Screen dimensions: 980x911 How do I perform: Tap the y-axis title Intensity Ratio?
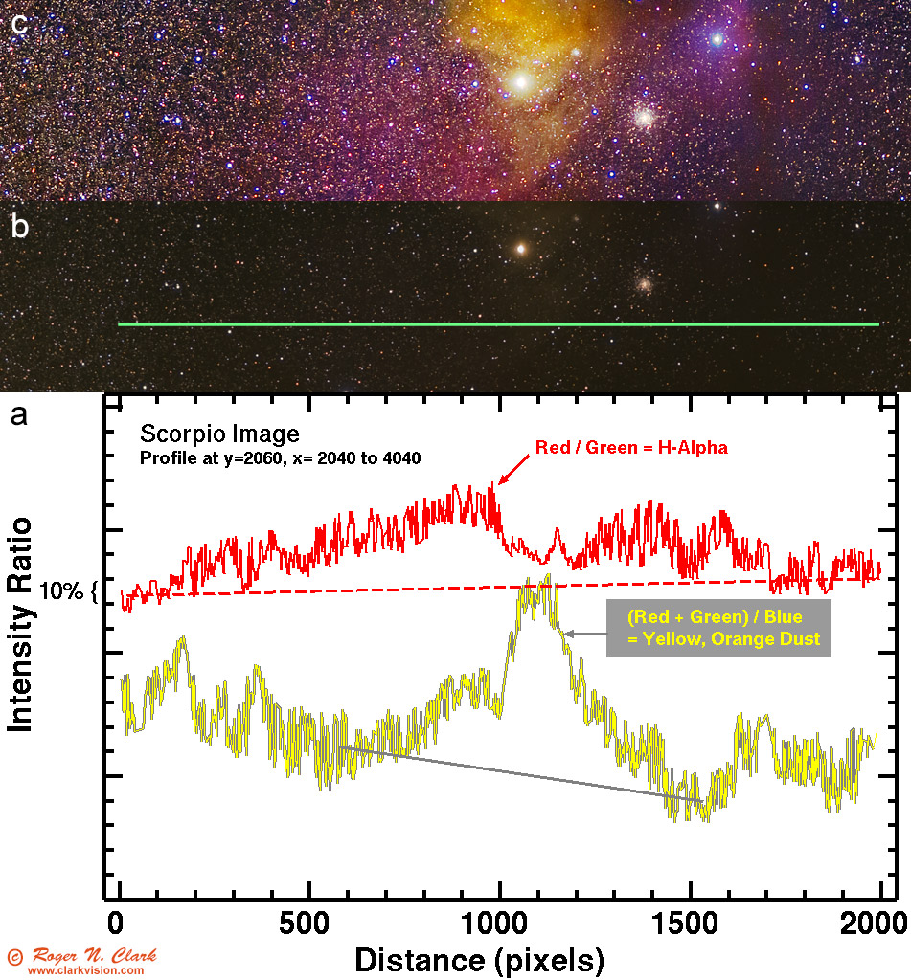(x=21, y=624)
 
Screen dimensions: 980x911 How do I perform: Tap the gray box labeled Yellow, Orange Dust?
(x=718, y=629)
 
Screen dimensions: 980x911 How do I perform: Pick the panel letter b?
(x=18, y=227)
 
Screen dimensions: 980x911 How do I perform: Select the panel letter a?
(x=18, y=416)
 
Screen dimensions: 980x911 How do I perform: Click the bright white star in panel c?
(x=522, y=81)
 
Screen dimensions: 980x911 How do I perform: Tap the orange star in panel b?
(x=521, y=249)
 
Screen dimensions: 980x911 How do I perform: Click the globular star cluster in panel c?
(x=645, y=117)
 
